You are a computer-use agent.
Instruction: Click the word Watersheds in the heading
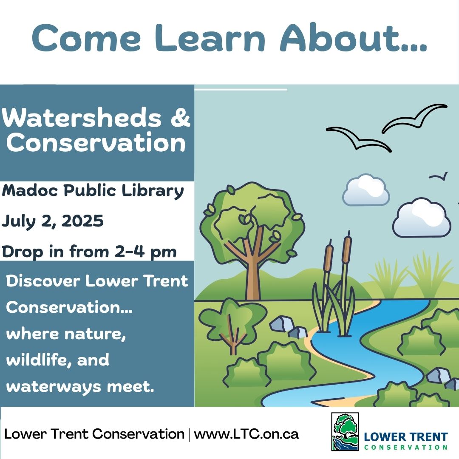coord(81,118)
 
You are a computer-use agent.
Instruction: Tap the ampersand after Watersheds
coord(181,118)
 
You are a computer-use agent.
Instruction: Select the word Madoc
coord(30,190)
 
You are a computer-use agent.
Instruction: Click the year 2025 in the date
coord(82,221)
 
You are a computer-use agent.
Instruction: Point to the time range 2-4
coord(130,252)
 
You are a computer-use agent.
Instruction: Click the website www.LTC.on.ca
coord(246,434)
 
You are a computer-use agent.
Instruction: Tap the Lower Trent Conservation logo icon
coord(345,432)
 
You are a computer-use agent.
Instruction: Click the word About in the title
coord(353,38)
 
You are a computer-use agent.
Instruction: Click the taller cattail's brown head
coord(347,248)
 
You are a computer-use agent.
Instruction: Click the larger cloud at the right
coord(422,218)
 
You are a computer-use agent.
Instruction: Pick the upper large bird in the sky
coord(414,118)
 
